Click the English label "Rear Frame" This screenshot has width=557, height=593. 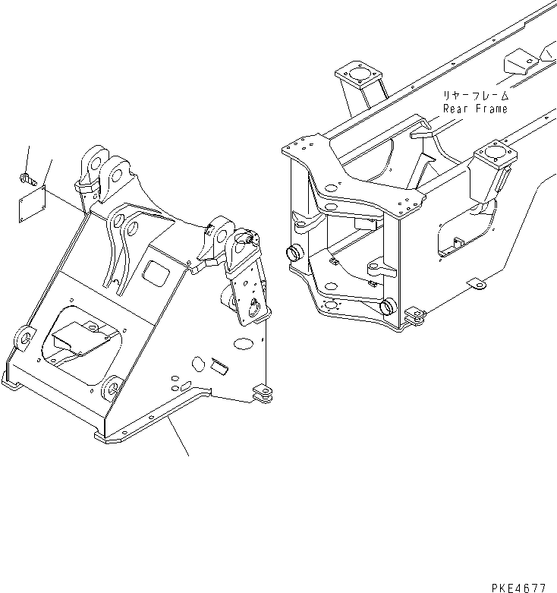click(476, 109)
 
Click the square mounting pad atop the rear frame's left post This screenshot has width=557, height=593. click(354, 77)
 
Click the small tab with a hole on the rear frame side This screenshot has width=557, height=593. click(477, 284)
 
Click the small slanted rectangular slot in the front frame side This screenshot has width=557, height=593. click(220, 364)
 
